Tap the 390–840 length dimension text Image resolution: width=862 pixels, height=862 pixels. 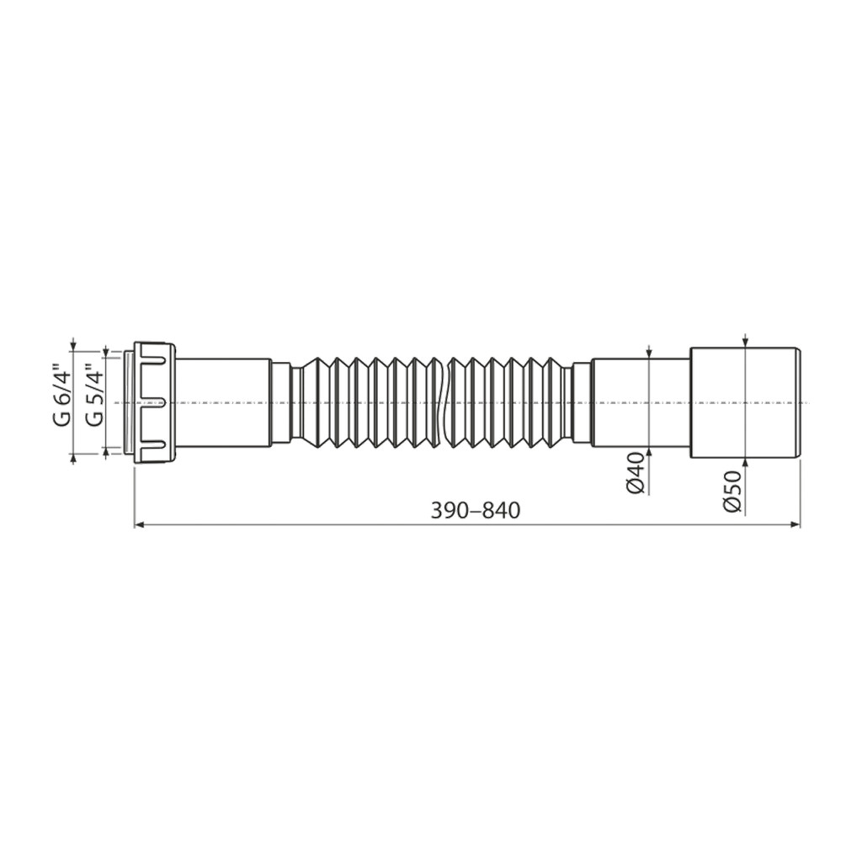[x=475, y=511]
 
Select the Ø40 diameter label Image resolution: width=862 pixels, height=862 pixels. [x=636, y=473]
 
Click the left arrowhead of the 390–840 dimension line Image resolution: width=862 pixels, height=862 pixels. [x=139, y=525]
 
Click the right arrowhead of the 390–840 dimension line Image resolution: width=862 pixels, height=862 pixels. [x=795, y=525]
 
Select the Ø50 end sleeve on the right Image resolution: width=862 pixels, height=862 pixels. [x=744, y=403]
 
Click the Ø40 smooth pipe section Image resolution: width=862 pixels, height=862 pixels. [x=641, y=403]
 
